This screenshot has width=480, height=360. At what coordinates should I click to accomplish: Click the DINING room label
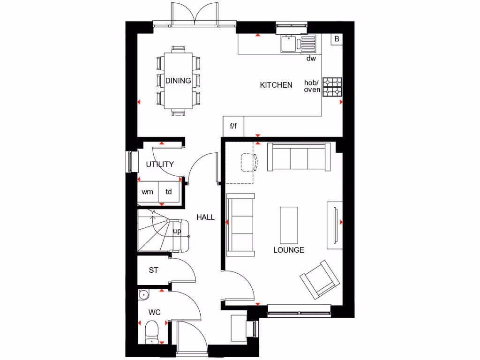[x=178, y=81]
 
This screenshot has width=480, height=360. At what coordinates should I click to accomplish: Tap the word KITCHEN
[x=276, y=85]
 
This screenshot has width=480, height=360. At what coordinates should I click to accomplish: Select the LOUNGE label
[x=289, y=250]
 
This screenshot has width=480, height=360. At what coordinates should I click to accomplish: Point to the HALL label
[x=205, y=217]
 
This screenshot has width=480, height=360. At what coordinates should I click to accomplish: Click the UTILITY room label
[x=160, y=164]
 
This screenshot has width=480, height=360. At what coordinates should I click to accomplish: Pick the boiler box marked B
[x=336, y=39]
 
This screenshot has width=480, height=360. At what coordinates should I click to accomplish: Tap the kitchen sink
[x=288, y=44]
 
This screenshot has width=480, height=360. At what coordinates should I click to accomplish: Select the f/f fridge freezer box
[x=233, y=126]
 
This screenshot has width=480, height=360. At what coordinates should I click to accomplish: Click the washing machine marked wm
[x=148, y=192]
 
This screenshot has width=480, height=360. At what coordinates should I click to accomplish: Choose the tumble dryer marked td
[x=169, y=192]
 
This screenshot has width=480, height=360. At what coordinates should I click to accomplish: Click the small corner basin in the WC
[x=143, y=294]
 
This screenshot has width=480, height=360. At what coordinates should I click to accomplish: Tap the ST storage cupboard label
[x=153, y=270]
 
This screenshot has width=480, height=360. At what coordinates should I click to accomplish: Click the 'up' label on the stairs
[x=177, y=231]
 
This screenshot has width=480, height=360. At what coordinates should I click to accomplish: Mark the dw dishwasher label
[x=311, y=59]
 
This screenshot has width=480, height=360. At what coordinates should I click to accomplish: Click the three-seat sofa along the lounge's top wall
[x=298, y=157]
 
